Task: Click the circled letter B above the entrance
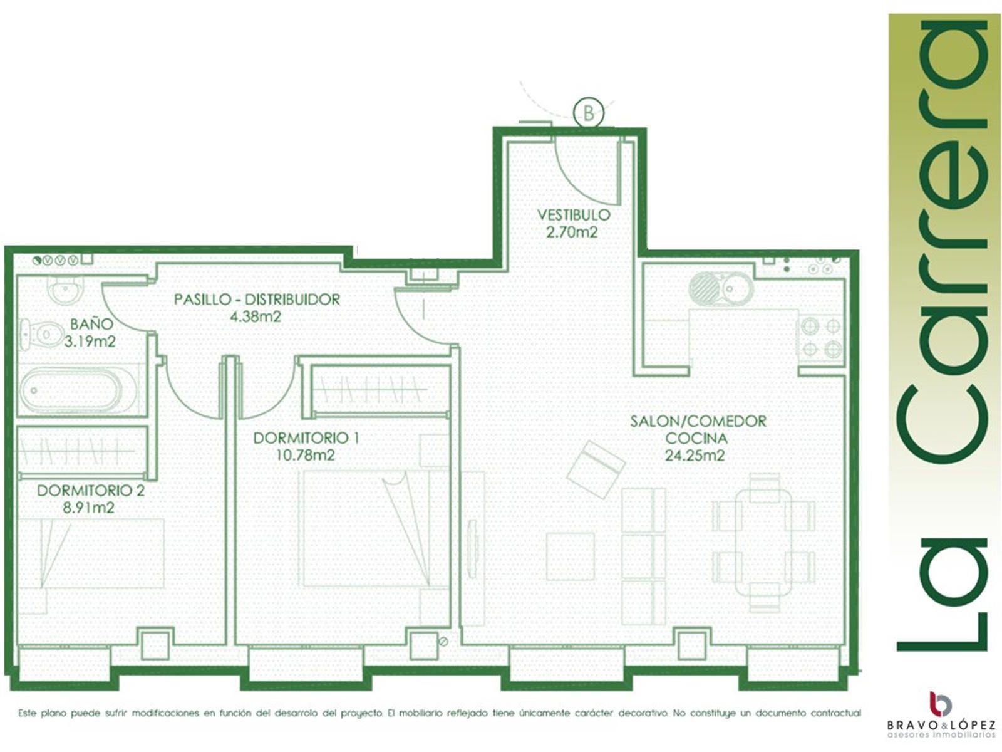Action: click(588, 112)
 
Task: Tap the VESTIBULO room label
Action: click(574, 214)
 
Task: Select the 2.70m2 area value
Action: click(572, 232)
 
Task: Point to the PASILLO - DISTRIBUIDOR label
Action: click(257, 300)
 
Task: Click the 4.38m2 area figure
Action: click(255, 316)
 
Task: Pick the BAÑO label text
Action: click(91, 324)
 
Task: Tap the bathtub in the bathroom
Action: click(71, 390)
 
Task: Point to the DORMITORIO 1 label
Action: click(306, 438)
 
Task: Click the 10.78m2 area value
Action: click(306, 455)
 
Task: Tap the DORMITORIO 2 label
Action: click(90, 491)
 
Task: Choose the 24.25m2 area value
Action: click(695, 455)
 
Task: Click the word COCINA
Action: click(696, 438)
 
